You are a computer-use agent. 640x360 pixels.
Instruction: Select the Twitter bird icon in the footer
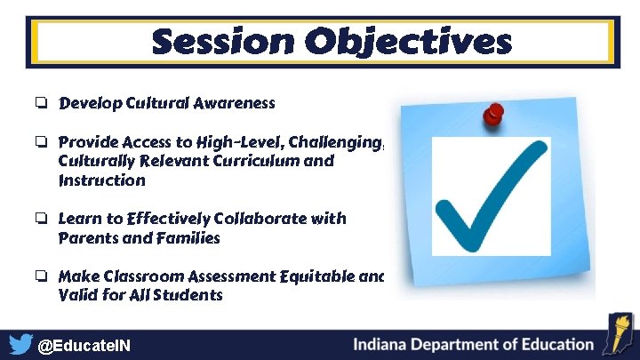pos(20,344)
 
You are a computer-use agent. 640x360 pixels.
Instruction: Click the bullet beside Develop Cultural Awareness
pos(42,104)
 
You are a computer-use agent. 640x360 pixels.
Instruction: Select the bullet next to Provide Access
pos(42,142)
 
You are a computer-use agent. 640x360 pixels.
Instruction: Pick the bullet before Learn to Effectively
pos(42,219)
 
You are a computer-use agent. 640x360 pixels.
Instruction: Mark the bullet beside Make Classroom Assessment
pos(42,276)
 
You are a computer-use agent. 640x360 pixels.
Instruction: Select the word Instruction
pos(101,180)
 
